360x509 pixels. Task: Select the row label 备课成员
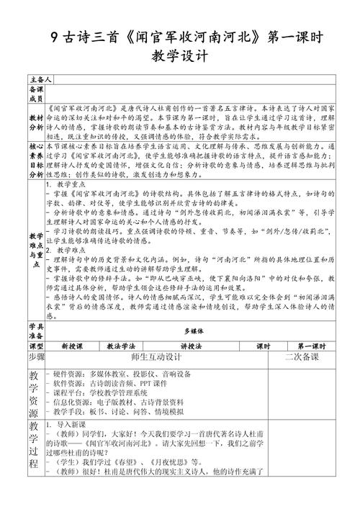pos(36,92)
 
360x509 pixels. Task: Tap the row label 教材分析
pos(36,120)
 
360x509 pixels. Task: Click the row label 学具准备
pos(36,331)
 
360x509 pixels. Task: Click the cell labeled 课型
pos(36,346)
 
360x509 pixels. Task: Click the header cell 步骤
pos(36,357)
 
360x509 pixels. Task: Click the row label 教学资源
pos(36,393)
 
